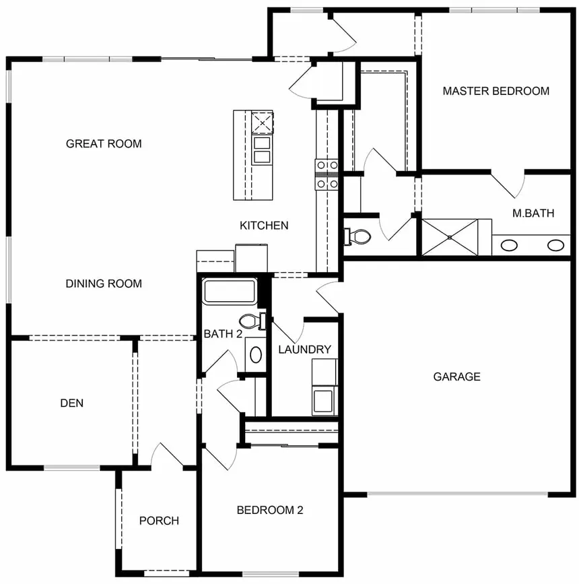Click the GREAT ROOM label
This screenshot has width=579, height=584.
coord(104,143)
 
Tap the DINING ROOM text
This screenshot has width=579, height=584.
coord(104,284)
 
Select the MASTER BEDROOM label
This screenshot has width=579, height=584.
coord(496,91)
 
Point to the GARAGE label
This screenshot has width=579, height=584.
coord(456,377)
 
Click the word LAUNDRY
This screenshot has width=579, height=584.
coord(304,350)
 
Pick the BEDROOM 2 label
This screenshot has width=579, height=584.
coord(269,510)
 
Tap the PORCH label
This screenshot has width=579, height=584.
coord(159,521)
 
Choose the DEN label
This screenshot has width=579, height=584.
coord(72,403)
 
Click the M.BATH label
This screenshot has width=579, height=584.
coord(533,214)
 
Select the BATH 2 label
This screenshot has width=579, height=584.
coord(223,334)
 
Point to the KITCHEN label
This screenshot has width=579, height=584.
coord(264,226)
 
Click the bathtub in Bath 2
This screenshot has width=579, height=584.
coord(230,292)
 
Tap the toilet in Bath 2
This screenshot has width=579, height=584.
coord(250,321)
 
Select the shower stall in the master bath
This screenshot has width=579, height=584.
coord(449,237)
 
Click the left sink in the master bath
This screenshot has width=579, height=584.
coord(510,245)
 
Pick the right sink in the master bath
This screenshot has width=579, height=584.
coord(555,245)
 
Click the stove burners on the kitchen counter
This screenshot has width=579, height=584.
coord(327,173)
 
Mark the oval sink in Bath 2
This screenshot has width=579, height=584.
coord(256,354)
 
